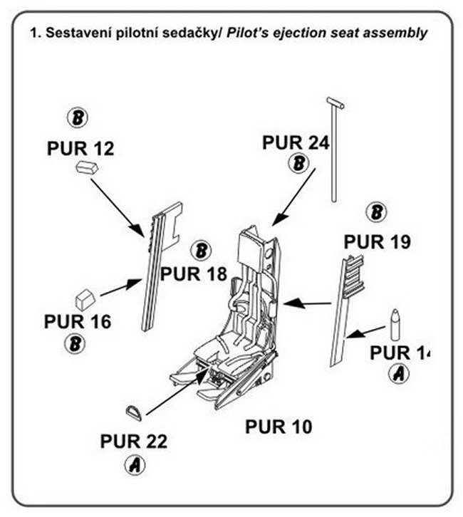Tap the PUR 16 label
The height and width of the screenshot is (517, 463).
pyautogui.click(x=77, y=321)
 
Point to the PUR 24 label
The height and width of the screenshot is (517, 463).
pyautogui.click(x=295, y=142)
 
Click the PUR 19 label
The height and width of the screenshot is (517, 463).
pyautogui.click(x=377, y=242)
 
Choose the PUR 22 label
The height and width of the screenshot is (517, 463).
pyautogui.click(x=133, y=442)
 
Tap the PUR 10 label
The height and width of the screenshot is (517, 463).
pyautogui.click(x=279, y=427)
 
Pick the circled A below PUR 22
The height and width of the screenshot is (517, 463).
pyautogui.click(x=134, y=466)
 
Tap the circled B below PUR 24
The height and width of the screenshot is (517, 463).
pyautogui.click(x=300, y=164)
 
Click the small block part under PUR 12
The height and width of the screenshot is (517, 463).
pyautogui.click(x=85, y=168)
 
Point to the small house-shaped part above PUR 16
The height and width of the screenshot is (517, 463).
pyautogui.click(x=85, y=296)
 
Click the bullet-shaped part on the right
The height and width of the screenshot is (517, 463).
pyautogui.click(x=395, y=325)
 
